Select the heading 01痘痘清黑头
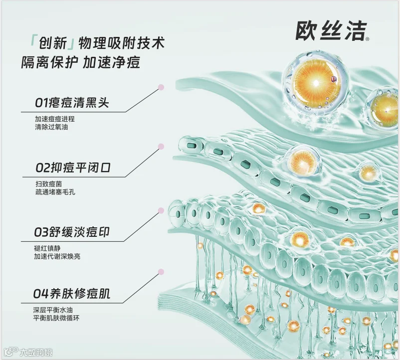point(72,103)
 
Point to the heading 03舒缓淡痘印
point(72,232)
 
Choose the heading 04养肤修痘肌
point(72,294)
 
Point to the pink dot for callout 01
point(161,88)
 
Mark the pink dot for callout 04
point(161,272)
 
